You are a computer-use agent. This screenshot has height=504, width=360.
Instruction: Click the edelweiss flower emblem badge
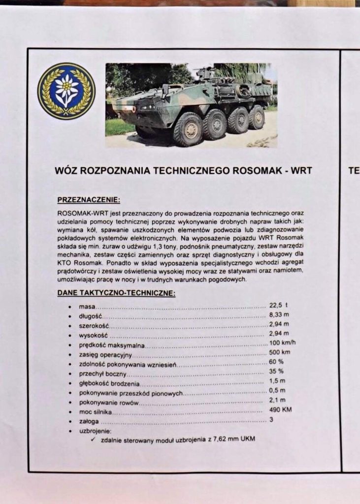click(66, 91)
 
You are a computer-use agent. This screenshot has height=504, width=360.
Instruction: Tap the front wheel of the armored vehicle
click(188, 129)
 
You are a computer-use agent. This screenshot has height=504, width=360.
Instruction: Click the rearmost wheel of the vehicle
click(257, 117)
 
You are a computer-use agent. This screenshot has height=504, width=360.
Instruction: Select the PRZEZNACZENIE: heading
click(89, 200)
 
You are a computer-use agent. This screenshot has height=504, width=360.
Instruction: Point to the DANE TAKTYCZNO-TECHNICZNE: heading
click(116, 293)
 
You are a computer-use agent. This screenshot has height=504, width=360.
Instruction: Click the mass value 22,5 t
click(278, 306)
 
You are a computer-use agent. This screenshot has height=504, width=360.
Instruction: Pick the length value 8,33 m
click(279, 315)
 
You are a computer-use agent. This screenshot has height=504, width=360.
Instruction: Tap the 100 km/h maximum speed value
click(282, 343)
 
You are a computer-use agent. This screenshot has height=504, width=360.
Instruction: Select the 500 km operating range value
click(279, 352)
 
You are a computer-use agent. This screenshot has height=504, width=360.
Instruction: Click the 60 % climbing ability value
click(276, 362)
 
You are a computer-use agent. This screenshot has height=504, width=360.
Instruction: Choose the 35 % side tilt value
click(276, 371)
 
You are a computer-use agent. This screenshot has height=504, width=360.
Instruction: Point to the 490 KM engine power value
click(280, 410)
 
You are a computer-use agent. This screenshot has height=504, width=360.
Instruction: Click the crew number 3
click(271, 419)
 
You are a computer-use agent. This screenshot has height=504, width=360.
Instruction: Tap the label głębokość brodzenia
click(109, 383)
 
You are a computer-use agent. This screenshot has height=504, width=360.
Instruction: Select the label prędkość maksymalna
click(112, 345)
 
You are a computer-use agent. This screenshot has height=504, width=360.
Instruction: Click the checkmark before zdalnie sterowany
click(93, 439)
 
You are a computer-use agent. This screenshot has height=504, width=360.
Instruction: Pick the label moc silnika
click(96, 411)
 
